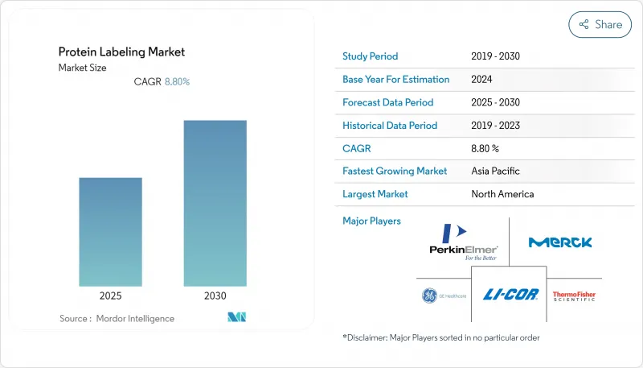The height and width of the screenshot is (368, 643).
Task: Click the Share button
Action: pos(600,24)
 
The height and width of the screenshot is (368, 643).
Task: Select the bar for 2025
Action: pos(110,232)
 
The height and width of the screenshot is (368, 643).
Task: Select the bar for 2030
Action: pos(215,203)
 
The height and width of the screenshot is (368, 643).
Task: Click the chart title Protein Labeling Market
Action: pos(121,52)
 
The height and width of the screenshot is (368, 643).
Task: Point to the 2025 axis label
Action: pos(110,296)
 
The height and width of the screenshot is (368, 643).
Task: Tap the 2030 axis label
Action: pos(215,296)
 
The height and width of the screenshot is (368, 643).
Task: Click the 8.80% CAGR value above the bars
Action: pos(177,82)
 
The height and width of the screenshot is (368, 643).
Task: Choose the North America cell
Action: pos(502,194)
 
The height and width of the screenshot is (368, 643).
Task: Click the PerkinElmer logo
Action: pos(464,242)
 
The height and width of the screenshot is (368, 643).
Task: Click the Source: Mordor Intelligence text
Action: pos(117,319)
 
